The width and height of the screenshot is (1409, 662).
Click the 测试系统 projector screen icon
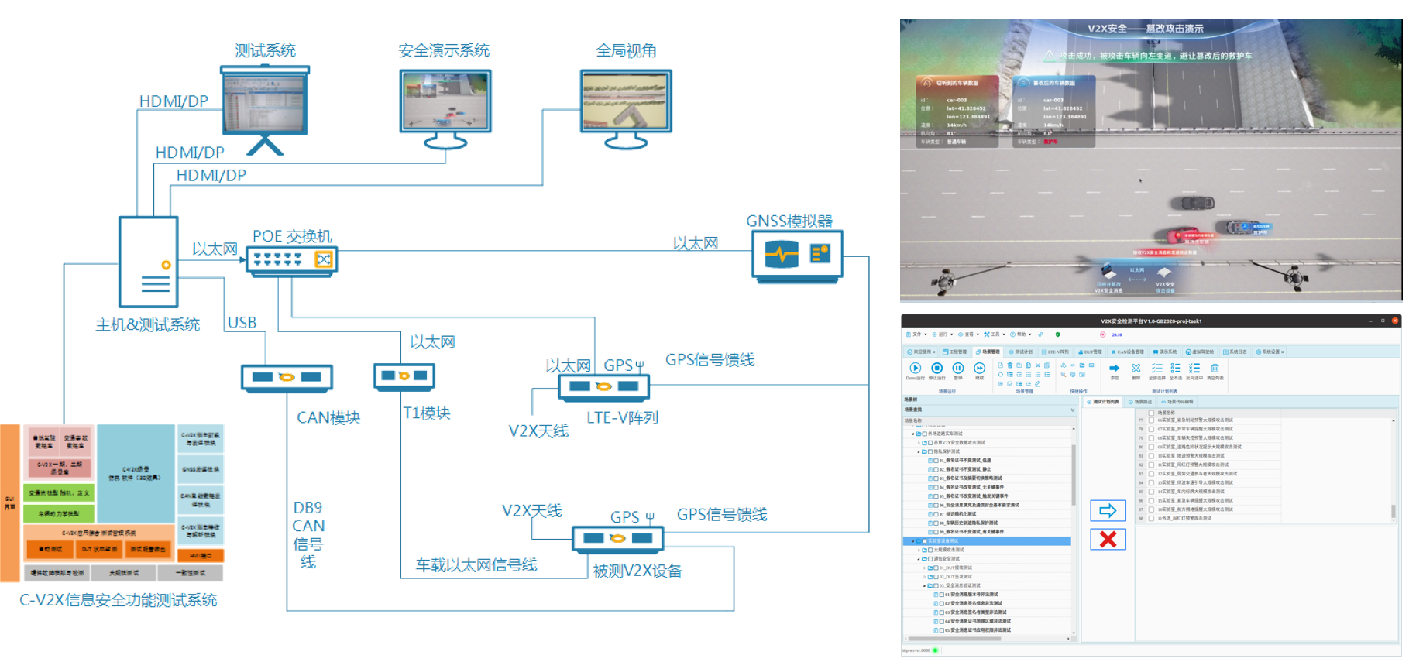tap(265, 101)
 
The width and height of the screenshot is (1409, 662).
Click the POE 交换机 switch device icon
tap(292, 259)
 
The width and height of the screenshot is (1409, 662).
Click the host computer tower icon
tap(149, 262)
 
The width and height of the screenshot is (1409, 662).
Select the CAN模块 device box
tap(287, 377)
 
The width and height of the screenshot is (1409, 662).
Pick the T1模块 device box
tap(404, 376)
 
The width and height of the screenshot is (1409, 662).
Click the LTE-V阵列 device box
tap(603, 386)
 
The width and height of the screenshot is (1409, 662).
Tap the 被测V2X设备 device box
tap(617, 538)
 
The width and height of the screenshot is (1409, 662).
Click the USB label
tap(242, 322)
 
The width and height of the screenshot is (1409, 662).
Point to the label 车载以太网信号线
tap(476, 565)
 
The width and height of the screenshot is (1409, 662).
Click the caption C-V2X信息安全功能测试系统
tap(118, 600)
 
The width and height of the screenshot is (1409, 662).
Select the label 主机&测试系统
tap(147, 325)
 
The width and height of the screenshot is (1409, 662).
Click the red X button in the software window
tap(1108, 539)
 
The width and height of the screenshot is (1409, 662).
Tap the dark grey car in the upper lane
tap(1192, 204)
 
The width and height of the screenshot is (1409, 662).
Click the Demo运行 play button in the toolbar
tap(915, 369)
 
